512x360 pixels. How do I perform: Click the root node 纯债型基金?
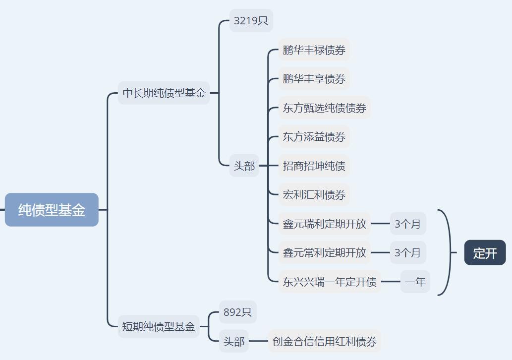pos(52,210)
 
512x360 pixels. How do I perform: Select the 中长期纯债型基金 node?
pos(164,93)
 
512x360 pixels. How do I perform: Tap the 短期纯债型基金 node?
pos(159,327)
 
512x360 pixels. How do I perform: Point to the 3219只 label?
pos(251,21)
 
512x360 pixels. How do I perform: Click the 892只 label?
pos(237,312)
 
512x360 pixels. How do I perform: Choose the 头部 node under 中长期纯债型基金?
pos(244,166)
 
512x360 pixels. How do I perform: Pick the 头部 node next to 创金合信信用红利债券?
pos(233,341)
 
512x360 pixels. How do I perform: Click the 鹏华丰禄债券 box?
pos(314,50)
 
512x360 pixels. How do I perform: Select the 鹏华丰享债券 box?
pos(314,79)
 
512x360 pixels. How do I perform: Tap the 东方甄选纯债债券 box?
pos(324,108)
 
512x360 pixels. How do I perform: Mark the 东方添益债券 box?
pos(314,136)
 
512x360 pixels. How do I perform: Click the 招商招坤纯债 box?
pos(314,166)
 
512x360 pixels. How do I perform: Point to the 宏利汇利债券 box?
pos(314,194)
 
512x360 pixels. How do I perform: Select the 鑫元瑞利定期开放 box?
pos(324,224)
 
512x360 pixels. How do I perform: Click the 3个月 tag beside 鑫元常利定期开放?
pos(407,252)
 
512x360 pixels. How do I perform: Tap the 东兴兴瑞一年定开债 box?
pos(329,282)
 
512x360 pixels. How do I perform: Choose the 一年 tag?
pos(415,282)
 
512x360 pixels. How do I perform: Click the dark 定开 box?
pos(485,253)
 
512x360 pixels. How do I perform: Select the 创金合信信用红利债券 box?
pos(324,341)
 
